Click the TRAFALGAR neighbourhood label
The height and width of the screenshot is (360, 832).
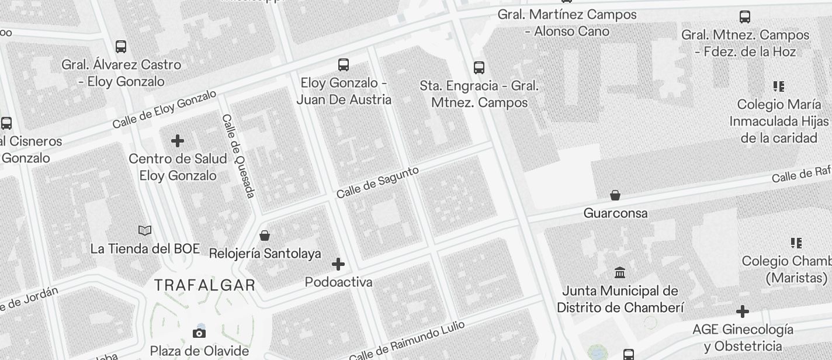coord(204,285)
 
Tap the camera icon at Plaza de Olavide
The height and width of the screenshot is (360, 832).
coord(199,333)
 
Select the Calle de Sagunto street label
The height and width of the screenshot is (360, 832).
coord(377,182)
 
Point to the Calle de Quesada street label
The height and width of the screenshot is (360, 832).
coord(238,155)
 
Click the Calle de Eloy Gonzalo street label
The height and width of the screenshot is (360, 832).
coord(164,109)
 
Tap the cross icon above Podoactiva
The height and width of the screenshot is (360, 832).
coord(338,264)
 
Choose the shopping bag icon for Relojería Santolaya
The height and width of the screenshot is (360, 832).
coord(265,236)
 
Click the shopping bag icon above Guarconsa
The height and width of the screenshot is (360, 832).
coord(615,195)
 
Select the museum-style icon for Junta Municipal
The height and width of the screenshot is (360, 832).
coord(620,272)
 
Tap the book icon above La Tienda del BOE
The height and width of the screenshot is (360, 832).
coord(145,231)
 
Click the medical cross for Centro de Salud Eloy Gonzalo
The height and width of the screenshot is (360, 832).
coord(178,141)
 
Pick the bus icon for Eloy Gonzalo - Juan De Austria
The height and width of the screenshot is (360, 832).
coord(344,64)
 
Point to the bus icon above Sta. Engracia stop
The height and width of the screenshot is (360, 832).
coord(479,67)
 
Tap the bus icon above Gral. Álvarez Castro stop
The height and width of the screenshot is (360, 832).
coord(121,46)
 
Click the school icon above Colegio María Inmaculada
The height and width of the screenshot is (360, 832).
coord(779,86)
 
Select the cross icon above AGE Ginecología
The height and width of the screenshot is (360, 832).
coord(743,311)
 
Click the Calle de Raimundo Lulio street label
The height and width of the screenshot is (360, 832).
coord(407,341)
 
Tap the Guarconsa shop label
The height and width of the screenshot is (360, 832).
coord(615,213)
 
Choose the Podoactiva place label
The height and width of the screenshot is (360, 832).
coord(338,282)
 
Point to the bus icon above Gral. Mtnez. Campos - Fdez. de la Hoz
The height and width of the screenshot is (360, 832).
coord(745,16)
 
